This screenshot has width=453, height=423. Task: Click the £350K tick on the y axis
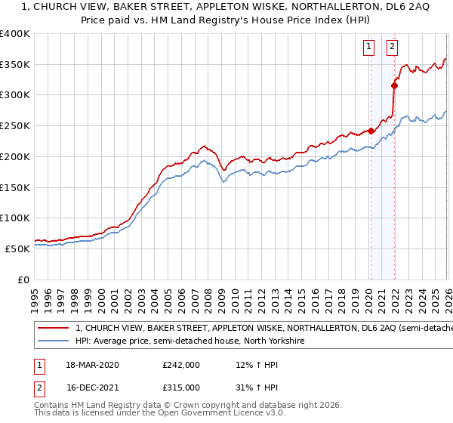[15, 65]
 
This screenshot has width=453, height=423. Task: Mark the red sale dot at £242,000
[371, 131]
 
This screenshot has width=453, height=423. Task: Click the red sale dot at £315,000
[394, 86]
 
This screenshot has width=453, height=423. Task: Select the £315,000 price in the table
[181, 387]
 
